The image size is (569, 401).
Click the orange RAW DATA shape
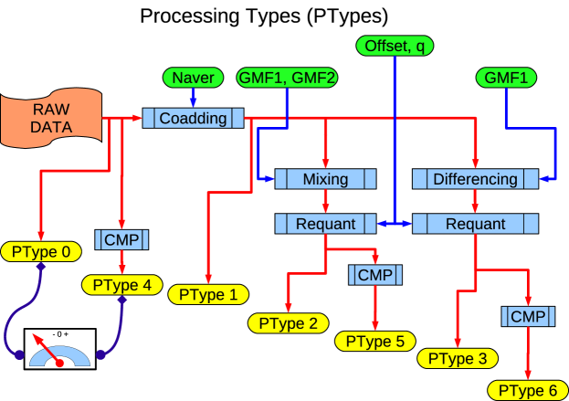click(x=50, y=119)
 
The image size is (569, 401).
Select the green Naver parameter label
click(x=192, y=79)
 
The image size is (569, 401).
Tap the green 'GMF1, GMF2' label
click(x=287, y=79)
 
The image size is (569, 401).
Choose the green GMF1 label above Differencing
click(x=505, y=79)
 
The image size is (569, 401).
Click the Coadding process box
click(x=193, y=119)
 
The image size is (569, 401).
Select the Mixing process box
click(x=325, y=179)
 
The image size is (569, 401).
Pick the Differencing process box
click(x=475, y=179)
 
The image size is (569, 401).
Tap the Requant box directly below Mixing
click(x=325, y=223)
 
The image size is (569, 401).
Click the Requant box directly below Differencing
click(x=475, y=223)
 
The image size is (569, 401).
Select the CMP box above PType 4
click(x=121, y=240)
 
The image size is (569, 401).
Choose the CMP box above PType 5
click(x=374, y=275)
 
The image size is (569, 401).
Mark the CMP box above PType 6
click(x=527, y=317)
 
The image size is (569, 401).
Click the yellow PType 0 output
click(x=40, y=251)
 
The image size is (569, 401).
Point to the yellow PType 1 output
click(x=208, y=294)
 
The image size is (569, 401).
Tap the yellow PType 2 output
click(x=288, y=323)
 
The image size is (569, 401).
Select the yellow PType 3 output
click(x=457, y=358)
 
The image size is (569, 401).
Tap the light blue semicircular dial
click(x=60, y=357)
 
